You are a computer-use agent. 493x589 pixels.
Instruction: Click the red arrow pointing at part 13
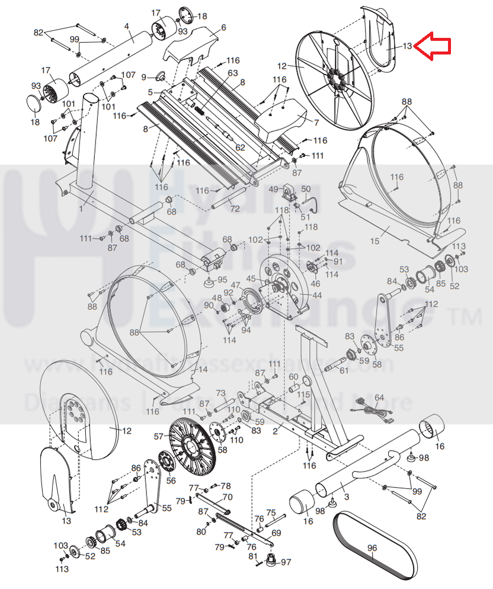[433, 46]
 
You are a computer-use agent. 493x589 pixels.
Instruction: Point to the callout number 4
[127, 25]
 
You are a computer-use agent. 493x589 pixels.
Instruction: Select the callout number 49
[274, 189]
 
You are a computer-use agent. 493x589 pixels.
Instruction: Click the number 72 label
[235, 209]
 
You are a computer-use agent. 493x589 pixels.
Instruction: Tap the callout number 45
[251, 279]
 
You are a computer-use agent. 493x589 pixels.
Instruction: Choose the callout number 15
[374, 240]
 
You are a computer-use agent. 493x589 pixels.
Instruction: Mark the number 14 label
[203, 369]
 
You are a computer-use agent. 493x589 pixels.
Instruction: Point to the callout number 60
[294, 377]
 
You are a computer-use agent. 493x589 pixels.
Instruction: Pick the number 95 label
[222, 280]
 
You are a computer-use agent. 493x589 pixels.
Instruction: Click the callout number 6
[223, 27]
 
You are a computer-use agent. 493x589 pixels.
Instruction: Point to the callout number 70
[227, 497]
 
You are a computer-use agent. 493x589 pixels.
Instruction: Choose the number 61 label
[344, 370]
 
